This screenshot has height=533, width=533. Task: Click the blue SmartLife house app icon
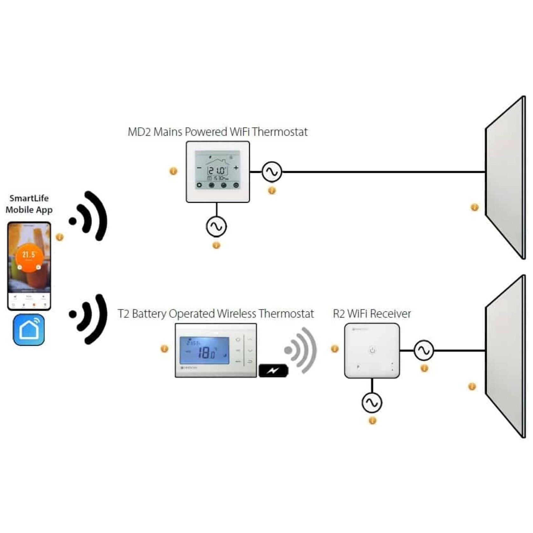tap(29, 330)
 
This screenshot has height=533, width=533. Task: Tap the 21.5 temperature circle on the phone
tap(29, 257)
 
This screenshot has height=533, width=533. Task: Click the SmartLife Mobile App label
tap(29, 204)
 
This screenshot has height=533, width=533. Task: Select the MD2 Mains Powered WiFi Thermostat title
tap(218, 132)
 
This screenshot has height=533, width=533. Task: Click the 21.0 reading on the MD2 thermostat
tap(217, 171)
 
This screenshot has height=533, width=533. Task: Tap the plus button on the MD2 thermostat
tap(236, 168)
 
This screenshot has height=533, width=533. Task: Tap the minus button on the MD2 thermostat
tap(199, 168)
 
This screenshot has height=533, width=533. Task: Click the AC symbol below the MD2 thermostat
tap(216, 226)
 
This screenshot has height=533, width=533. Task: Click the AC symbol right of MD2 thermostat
tap(272, 172)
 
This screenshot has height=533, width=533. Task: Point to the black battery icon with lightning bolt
tap(273, 370)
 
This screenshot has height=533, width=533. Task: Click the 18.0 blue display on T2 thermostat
tap(204, 351)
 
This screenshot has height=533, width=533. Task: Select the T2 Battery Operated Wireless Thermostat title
tap(216, 314)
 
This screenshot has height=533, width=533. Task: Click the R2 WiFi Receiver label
tap(372, 314)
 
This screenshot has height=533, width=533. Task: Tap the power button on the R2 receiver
tap(372, 350)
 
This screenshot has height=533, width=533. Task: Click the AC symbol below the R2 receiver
tap(372, 403)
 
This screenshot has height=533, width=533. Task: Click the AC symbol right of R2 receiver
tap(424, 350)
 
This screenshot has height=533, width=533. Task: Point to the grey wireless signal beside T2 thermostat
tap(301, 350)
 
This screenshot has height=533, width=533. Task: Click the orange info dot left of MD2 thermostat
tap(173, 171)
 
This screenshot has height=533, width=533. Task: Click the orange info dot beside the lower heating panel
tap(472, 387)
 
